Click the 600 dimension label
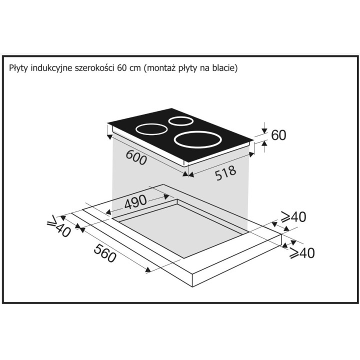point(136,157)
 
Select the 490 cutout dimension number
point(135,201)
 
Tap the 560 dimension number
point(105,253)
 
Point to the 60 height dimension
point(278,135)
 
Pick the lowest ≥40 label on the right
point(302,253)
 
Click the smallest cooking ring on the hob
point(181,121)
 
